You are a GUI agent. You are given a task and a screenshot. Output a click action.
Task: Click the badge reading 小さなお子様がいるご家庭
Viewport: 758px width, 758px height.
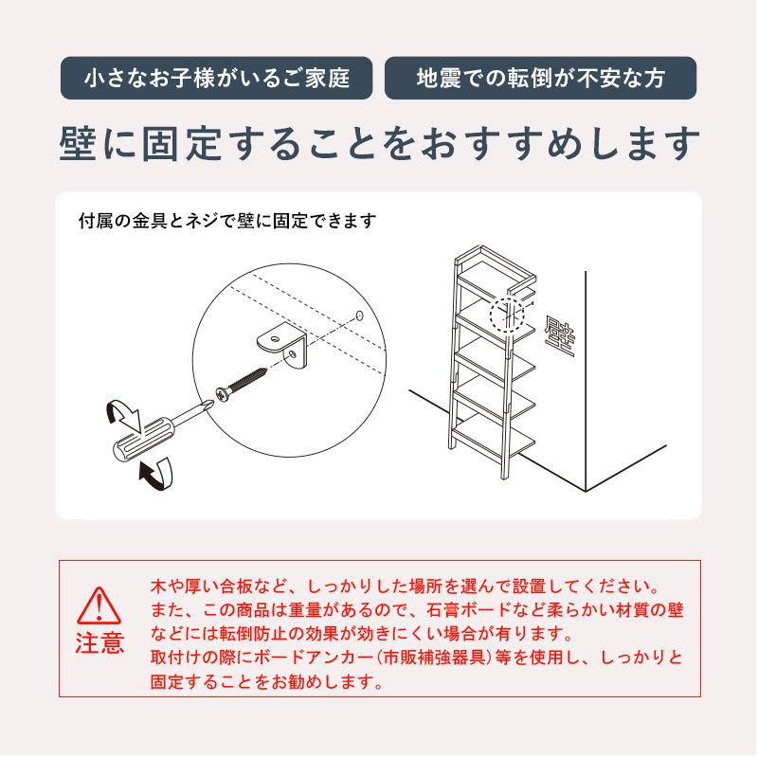tap(218, 79)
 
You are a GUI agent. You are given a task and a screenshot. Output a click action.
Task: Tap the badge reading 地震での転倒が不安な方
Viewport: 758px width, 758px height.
tap(540, 79)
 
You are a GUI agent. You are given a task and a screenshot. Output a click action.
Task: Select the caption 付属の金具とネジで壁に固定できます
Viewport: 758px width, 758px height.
tap(227, 221)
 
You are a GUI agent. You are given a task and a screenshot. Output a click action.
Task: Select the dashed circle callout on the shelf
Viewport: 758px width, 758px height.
tap(505, 312)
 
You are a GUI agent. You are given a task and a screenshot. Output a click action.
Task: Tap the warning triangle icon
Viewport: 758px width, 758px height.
tap(98, 605)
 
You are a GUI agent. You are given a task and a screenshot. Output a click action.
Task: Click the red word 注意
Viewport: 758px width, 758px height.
tap(99, 643)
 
